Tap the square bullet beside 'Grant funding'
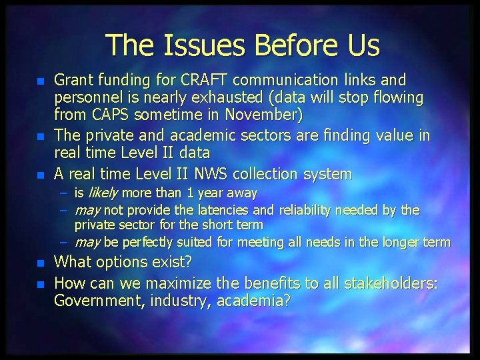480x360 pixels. coord(40,81)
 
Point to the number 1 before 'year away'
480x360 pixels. coord(191,193)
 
